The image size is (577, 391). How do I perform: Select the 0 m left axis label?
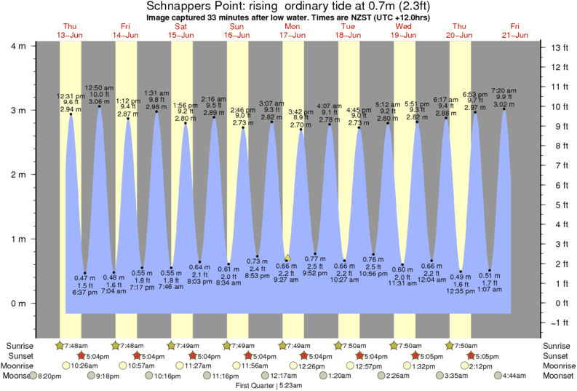[23, 303]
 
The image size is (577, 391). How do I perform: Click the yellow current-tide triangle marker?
[287, 258]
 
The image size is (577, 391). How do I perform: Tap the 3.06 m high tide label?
[98, 102]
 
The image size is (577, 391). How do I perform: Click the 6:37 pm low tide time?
[85, 293]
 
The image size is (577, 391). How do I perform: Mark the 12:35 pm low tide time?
[461, 291]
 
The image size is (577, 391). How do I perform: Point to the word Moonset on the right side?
[558, 376]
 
